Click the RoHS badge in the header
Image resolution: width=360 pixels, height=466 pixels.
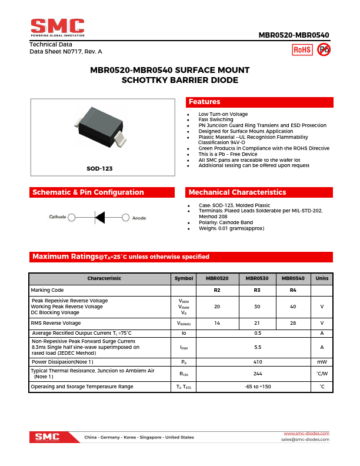302,50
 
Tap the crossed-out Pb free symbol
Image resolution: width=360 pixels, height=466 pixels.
324,50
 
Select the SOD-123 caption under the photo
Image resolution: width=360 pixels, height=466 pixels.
99,168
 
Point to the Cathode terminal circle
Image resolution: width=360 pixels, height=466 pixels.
72,218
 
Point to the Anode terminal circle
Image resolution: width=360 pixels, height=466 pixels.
125,218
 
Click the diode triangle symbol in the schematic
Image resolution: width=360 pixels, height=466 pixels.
99,218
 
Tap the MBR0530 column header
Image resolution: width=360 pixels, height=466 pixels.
257,278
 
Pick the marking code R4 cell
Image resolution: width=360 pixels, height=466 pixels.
293,290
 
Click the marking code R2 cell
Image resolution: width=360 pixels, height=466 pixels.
217,290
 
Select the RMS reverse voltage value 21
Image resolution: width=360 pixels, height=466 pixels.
257,323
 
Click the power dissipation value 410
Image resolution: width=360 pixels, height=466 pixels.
257,362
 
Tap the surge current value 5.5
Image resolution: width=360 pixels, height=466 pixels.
257,347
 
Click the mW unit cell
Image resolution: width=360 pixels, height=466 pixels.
322,362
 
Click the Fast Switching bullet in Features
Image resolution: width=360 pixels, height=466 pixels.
216,120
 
